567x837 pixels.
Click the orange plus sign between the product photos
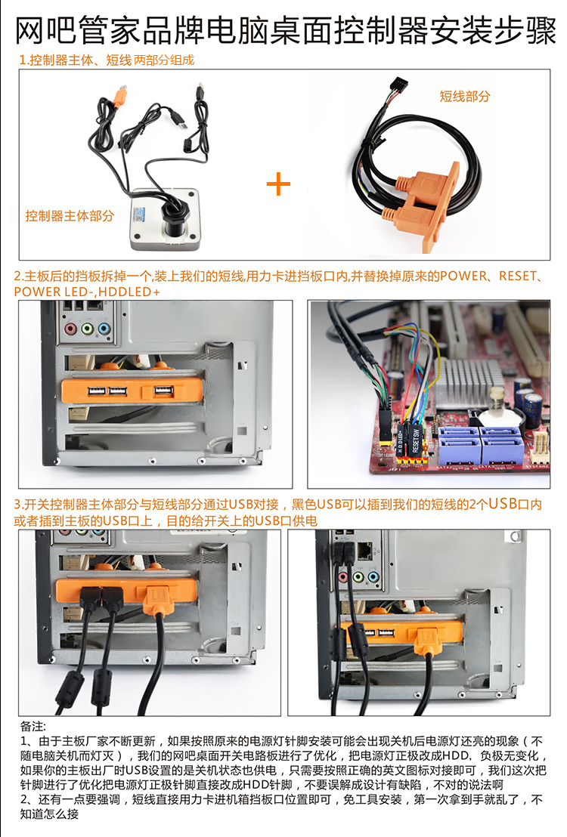coord(278,184)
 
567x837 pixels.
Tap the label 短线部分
coord(464,97)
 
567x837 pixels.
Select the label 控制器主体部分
coord(70,215)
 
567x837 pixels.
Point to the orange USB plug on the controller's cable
coord(119,96)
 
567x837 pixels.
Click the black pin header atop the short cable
coord(399,85)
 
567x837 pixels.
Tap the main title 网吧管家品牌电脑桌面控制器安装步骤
coord(285,30)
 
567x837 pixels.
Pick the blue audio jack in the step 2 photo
coord(104,329)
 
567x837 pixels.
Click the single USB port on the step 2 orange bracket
coord(163,391)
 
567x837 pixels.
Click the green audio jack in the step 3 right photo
coord(358,577)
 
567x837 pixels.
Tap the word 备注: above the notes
coord(33,727)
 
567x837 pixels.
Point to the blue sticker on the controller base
coord(141,214)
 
